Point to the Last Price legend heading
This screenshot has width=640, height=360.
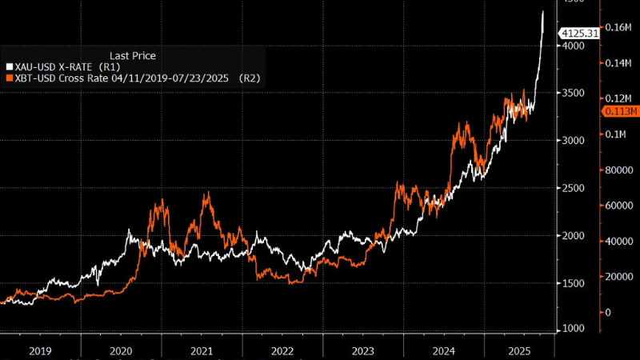click(133, 55)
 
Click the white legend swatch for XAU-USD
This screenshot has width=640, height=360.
click(9, 67)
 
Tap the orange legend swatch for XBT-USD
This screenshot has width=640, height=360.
click(9, 78)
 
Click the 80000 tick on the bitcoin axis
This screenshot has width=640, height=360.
click(618, 170)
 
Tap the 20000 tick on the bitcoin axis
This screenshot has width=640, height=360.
click(618, 277)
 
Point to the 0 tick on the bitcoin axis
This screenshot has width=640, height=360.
click(607, 312)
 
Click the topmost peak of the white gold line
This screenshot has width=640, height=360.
click(543, 11)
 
